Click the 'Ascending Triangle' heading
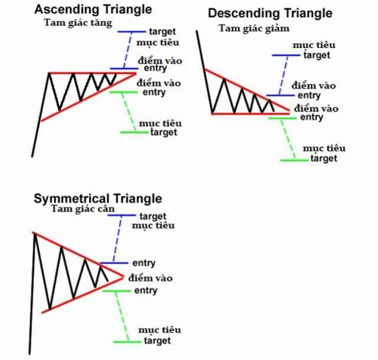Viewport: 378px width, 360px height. click(x=93, y=10)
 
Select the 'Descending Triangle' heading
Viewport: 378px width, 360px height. click(x=270, y=14)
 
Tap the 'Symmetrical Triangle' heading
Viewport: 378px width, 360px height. click(x=97, y=199)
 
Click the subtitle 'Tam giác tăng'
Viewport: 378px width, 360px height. click(x=78, y=24)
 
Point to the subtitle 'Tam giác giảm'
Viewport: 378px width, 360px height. click(x=254, y=29)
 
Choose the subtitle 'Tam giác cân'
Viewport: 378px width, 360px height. click(x=83, y=209)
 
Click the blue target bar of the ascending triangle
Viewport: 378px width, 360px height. click(x=132, y=31)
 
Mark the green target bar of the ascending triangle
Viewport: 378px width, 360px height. click(x=134, y=132)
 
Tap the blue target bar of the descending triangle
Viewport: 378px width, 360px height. click(x=286, y=55)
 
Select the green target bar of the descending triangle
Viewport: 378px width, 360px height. click(x=294, y=160)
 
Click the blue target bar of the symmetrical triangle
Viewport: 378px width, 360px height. click(x=122, y=215)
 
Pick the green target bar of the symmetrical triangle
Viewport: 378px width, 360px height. click(x=128, y=342)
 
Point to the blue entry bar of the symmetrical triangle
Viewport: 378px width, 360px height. click(x=114, y=263)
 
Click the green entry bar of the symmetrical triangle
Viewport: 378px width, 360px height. click(x=116, y=291)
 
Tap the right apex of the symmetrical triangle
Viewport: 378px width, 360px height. click(x=123, y=277)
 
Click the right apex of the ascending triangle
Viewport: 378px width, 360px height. click(x=136, y=73)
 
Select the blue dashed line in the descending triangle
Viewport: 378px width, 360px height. click(x=283, y=75)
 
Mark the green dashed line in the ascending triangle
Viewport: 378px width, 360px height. click(x=129, y=112)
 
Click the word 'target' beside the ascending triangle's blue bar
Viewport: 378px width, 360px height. click(x=162, y=31)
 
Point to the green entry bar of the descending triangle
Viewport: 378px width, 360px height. click(x=282, y=118)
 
